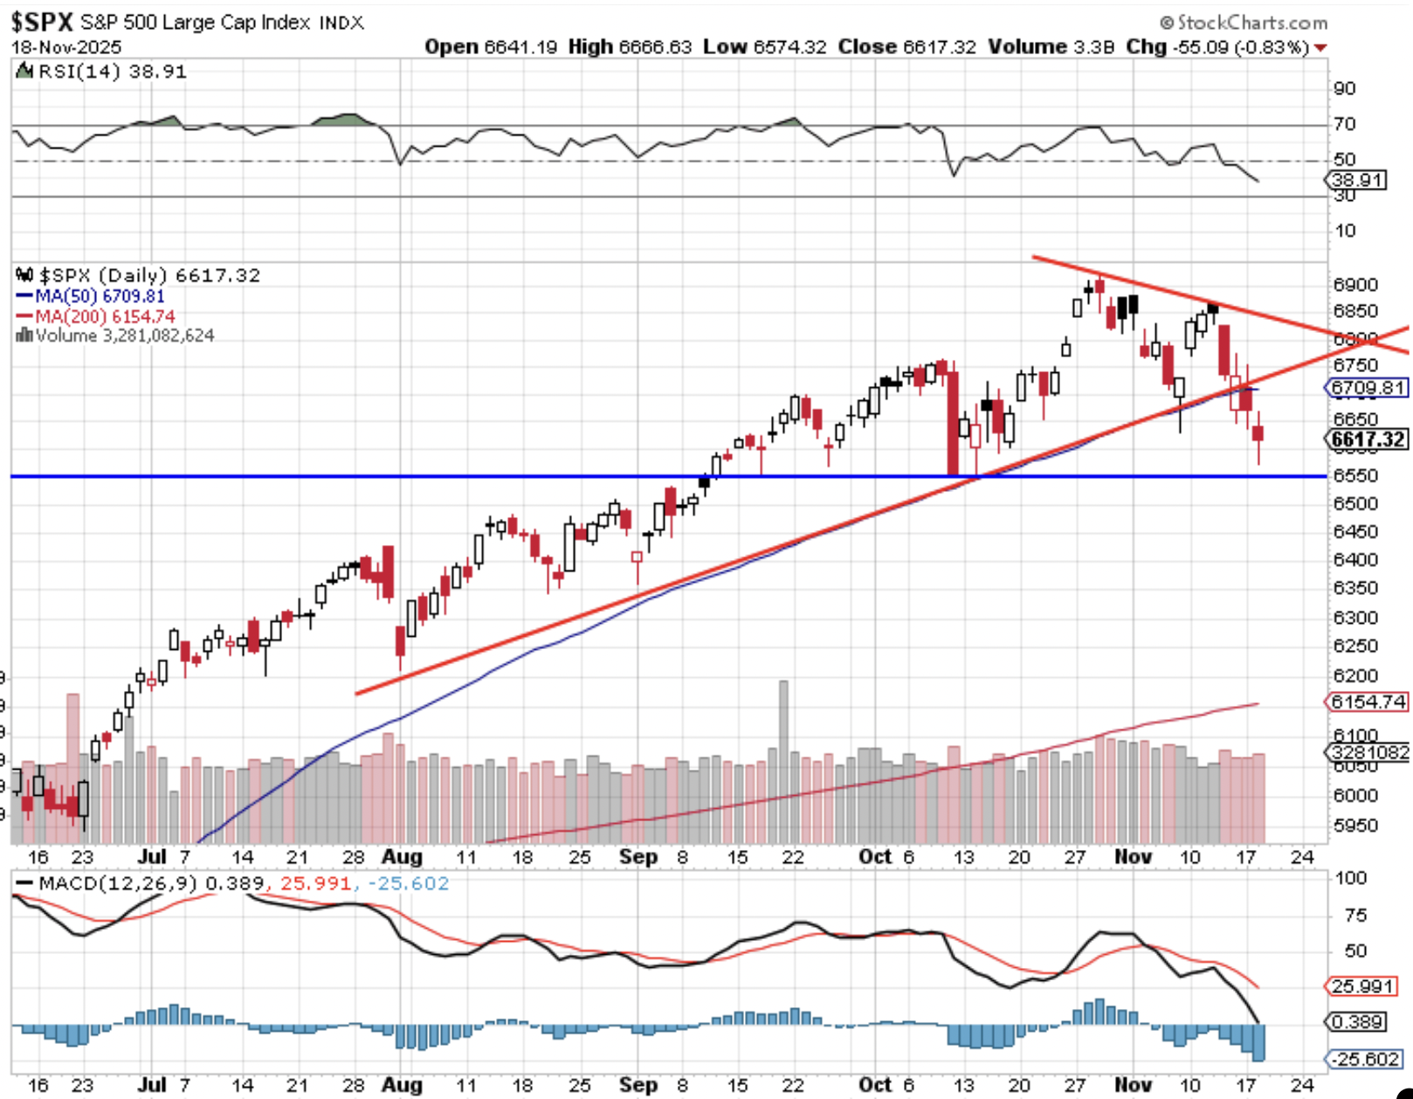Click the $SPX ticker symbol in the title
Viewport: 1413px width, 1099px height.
click(41, 21)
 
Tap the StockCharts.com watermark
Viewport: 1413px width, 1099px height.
click(1244, 23)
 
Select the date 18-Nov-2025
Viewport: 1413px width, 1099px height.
click(66, 47)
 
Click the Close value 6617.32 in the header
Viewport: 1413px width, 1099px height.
click(906, 47)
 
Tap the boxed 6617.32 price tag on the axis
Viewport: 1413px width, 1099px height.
click(1368, 439)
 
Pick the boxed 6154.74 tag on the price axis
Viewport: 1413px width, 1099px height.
click(1368, 702)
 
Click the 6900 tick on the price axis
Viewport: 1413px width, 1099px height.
click(1354, 285)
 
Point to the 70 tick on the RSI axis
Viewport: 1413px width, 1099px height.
click(1344, 124)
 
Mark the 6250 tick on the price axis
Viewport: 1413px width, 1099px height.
click(1354, 646)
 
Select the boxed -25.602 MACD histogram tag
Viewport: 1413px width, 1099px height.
click(1365, 1059)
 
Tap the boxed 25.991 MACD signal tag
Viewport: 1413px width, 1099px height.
click(1362, 986)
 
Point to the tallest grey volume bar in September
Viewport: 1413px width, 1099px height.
click(783, 760)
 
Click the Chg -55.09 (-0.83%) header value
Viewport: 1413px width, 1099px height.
click(1217, 47)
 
